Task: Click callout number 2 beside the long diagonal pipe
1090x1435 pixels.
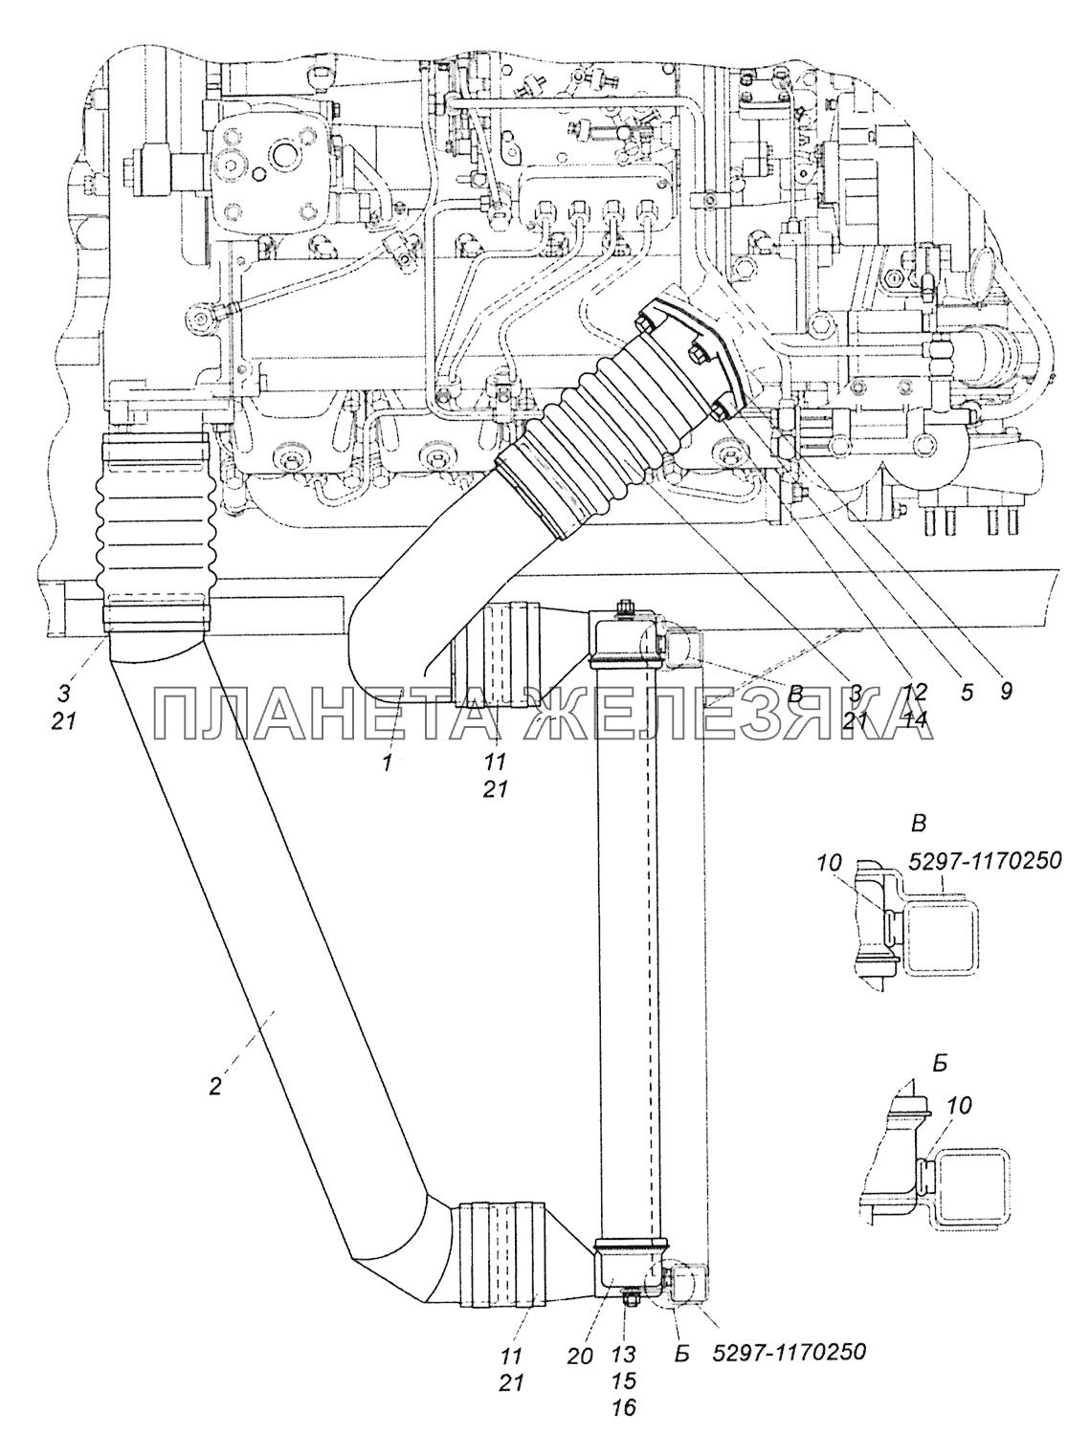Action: pyautogui.click(x=216, y=1084)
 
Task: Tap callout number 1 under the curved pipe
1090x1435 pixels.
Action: pyautogui.click(x=388, y=762)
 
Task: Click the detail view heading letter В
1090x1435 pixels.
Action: pyautogui.click(x=919, y=825)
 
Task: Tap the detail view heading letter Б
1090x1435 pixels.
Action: pyautogui.click(x=940, y=1064)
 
